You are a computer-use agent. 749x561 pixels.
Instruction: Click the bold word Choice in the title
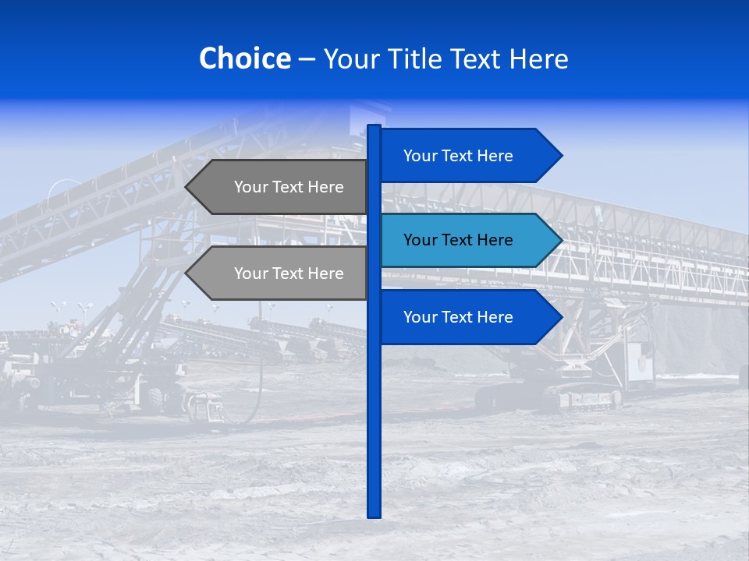[244, 58]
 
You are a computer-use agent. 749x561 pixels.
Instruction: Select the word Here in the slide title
[538, 58]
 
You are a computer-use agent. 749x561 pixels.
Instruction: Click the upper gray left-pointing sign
[281, 187]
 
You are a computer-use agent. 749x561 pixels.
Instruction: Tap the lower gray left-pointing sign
[281, 273]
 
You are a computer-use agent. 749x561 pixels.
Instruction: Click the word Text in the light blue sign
[458, 240]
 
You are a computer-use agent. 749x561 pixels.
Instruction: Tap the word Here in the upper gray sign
[326, 187]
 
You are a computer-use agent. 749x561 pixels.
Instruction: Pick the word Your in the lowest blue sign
[420, 316]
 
